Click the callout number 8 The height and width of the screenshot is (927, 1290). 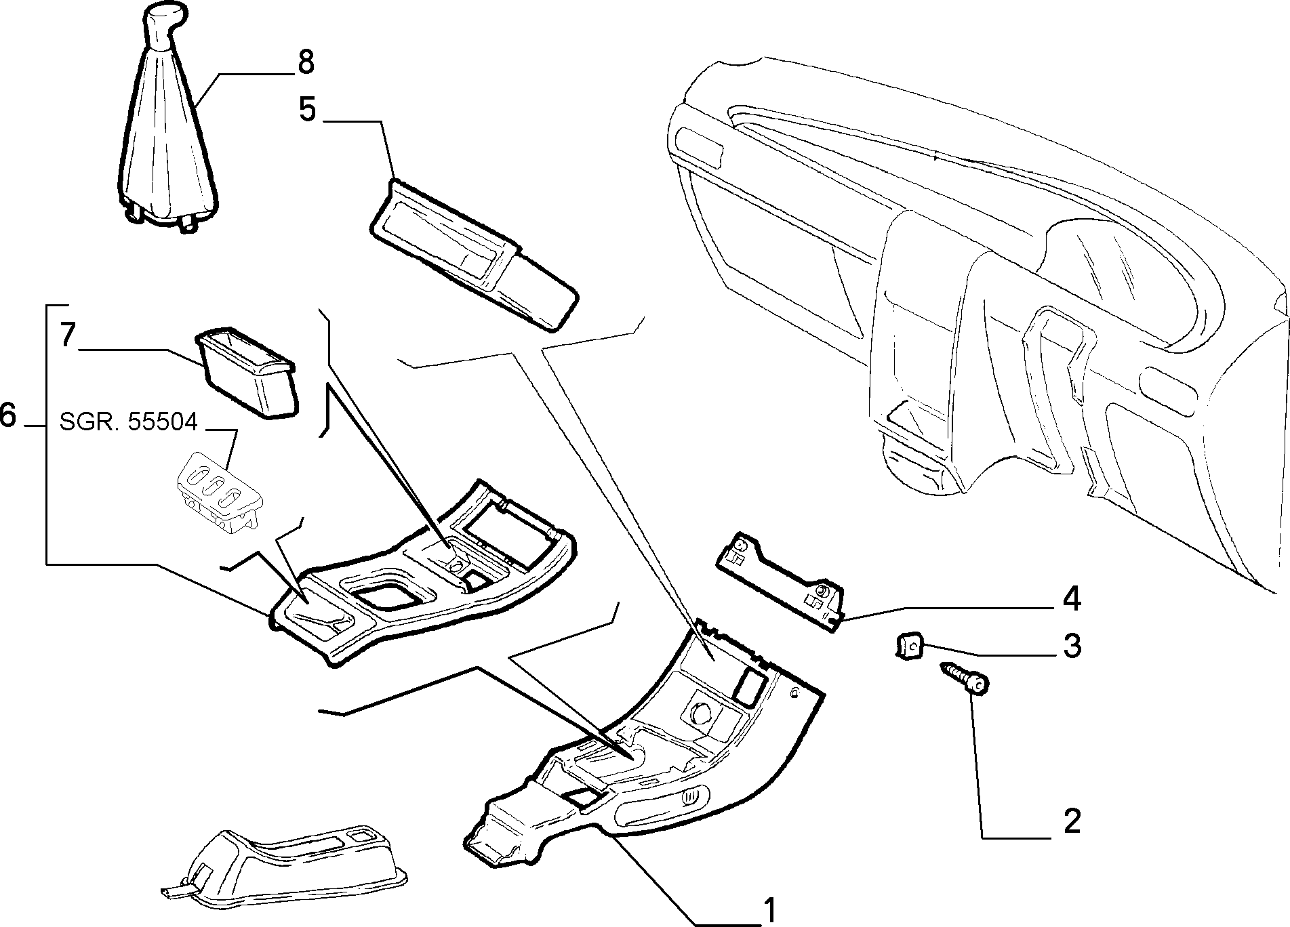click(306, 62)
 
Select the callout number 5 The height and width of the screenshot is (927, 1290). click(308, 108)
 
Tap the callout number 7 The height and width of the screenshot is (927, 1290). click(66, 335)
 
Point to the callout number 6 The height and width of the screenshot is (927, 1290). click(7, 415)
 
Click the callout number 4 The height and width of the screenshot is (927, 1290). click(1071, 599)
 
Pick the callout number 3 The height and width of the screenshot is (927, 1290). click(1072, 646)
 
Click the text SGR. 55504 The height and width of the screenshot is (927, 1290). click(128, 422)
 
